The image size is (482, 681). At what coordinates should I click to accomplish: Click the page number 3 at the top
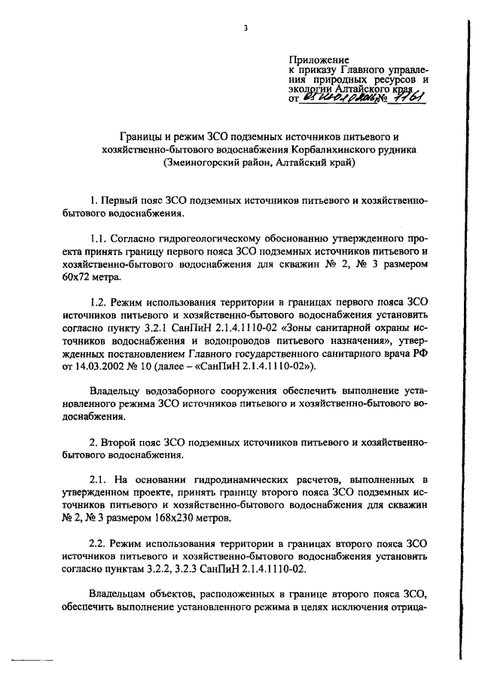coord(246,29)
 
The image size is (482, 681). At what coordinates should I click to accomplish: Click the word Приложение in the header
coord(319,58)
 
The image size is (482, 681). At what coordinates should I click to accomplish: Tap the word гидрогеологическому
coord(199,237)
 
